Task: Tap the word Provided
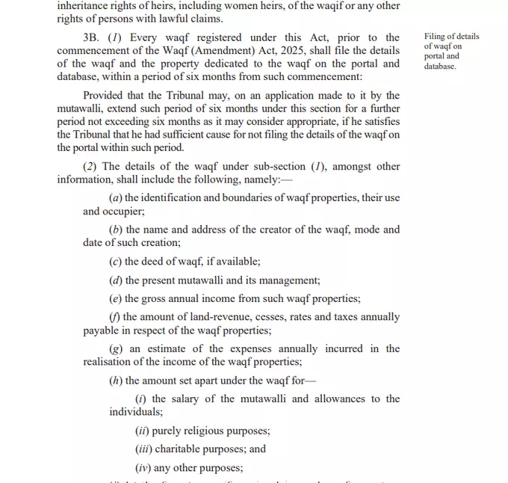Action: click(106, 95)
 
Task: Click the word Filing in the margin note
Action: click(436, 37)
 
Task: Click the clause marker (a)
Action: click(116, 198)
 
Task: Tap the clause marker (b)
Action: click(116, 230)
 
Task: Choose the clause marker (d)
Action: click(116, 280)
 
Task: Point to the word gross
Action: click(156, 298)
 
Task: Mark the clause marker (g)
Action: click(116, 349)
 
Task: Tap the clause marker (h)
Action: click(116, 381)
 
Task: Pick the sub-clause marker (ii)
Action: click(142, 431)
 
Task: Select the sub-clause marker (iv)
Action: click(142, 468)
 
